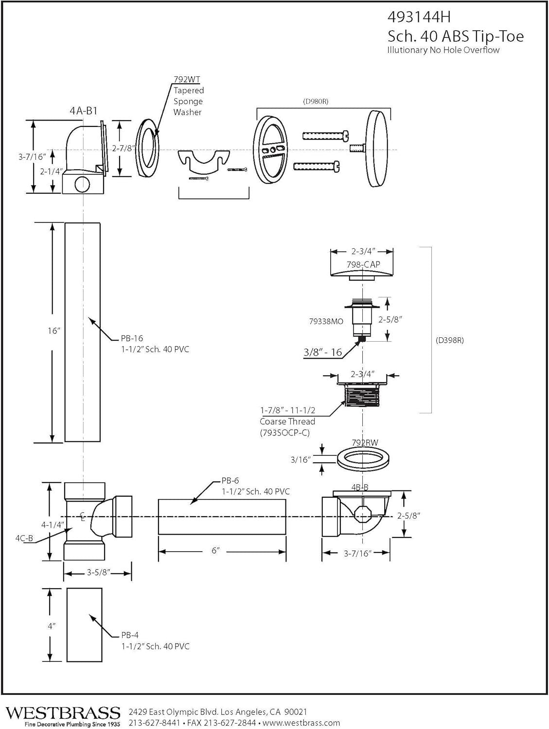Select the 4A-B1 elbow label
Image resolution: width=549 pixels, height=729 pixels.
pyautogui.click(x=84, y=111)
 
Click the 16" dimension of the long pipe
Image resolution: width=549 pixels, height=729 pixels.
pyautogui.click(x=53, y=331)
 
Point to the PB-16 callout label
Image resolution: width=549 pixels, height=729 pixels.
pyautogui.click(x=132, y=338)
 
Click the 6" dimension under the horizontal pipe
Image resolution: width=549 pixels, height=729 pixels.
pyautogui.click(x=215, y=551)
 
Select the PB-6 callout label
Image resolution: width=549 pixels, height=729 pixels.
pyautogui.click(x=230, y=481)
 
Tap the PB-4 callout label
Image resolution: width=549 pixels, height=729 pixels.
pyautogui.click(x=130, y=635)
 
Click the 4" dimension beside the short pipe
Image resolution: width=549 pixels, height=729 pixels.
pyautogui.click(x=52, y=626)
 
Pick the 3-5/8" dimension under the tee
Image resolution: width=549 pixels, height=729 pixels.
pyautogui.click(x=97, y=573)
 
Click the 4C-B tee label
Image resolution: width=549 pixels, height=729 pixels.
pyautogui.click(x=24, y=538)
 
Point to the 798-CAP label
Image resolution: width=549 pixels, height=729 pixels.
pyautogui.click(x=363, y=265)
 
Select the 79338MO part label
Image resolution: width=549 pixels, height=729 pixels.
pyautogui.click(x=326, y=321)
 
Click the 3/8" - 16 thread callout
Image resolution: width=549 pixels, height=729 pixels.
pyautogui.click(x=323, y=352)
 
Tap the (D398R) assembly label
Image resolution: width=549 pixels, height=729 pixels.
pyautogui.click(x=449, y=340)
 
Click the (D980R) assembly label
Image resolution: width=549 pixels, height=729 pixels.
pyautogui.click(x=316, y=102)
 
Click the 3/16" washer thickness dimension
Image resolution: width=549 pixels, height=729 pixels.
pyautogui.click(x=300, y=459)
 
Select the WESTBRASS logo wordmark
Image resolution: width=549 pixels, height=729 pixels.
pyautogui.click(x=63, y=712)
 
